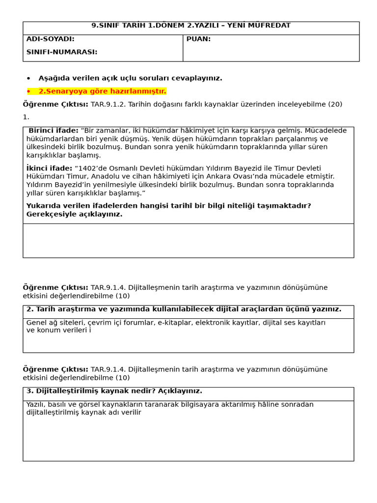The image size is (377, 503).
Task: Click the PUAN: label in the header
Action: [x=198, y=39]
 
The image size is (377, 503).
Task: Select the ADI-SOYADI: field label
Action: [x=50, y=39]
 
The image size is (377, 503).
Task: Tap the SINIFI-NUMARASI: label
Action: [x=61, y=52]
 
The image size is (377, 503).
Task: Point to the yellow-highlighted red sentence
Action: [x=102, y=91]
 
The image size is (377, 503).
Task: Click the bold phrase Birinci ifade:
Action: [x=54, y=131]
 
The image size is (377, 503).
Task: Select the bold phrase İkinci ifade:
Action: [x=49, y=168]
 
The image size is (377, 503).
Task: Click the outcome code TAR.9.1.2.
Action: [x=108, y=104]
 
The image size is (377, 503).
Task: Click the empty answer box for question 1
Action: [x=188, y=241]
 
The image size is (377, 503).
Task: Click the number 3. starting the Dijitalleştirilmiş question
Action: [x=29, y=391]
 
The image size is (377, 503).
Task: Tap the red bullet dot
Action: [x=28, y=91]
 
